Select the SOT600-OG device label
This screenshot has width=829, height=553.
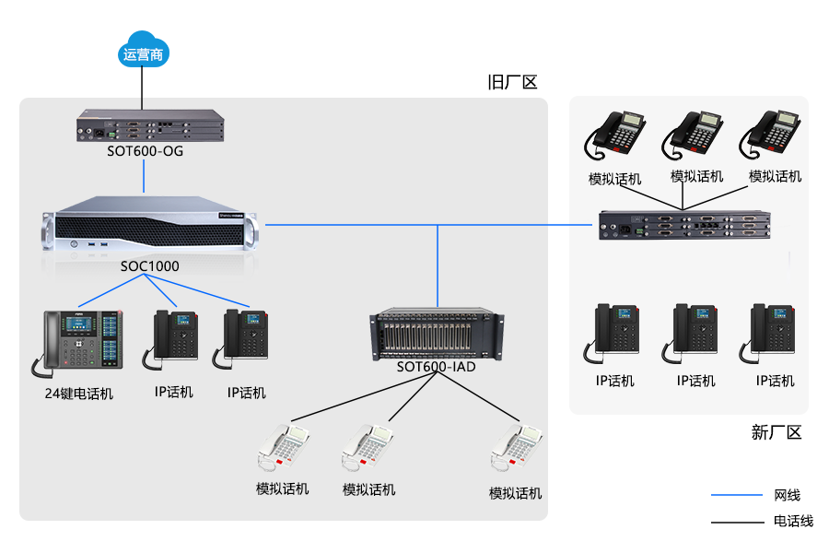point(146,151)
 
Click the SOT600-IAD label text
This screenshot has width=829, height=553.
point(437,367)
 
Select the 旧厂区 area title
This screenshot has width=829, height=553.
point(512,83)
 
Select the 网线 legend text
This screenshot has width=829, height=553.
point(788,496)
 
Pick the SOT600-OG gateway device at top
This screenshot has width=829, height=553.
point(149,126)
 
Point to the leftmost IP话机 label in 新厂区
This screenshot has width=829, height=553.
point(614,381)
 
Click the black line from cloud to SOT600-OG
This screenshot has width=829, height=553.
point(143,88)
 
